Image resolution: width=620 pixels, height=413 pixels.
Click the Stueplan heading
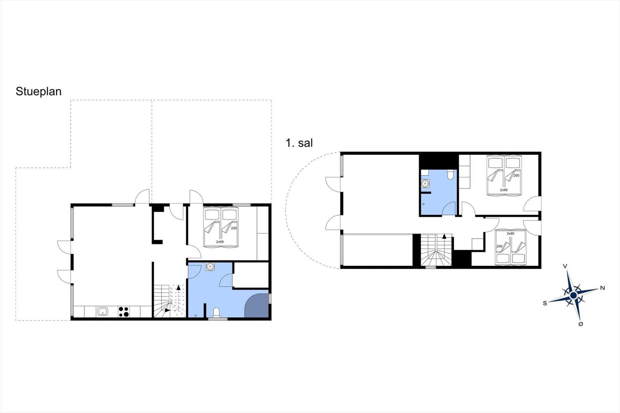(38, 91)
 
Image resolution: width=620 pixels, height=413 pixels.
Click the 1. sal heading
(299, 143)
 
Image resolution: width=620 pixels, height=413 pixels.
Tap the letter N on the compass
(602, 288)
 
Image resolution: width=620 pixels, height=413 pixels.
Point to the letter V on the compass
(565, 266)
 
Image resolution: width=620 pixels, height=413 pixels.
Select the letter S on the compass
(545, 303)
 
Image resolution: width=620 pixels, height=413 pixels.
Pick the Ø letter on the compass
(581, 324)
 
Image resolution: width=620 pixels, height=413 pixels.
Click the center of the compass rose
(573, 296)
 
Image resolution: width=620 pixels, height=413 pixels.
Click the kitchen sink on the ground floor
(103, 311)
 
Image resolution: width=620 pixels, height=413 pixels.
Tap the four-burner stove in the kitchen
(124, 311)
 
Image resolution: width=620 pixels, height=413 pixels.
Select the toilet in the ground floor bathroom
(217, 313)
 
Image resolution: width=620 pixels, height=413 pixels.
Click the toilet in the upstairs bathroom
(451, 174)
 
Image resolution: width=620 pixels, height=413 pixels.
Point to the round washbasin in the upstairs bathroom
(425, 184)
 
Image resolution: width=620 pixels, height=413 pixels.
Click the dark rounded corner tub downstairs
(257, 306)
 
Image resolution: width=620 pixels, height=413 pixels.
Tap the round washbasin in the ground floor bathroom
(210, 267)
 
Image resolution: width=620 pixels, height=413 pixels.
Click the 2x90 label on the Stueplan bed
(220, 242)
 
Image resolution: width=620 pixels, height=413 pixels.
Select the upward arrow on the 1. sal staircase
(444, 236)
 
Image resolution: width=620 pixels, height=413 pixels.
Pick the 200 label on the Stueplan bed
(234, 228)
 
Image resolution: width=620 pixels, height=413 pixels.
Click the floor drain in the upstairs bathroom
(424, 204)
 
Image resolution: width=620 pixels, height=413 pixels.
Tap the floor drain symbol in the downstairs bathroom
(196, 316)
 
